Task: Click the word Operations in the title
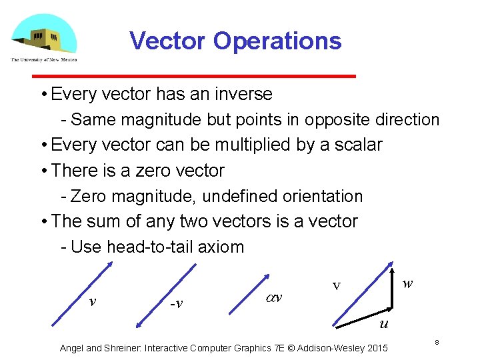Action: (277, 41)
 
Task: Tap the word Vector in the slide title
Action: (168, 41)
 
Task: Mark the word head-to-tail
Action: (150, 247)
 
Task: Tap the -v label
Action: (176, 304)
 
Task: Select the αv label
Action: (273, 297)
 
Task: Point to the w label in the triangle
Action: (408, 283)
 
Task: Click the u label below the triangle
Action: (383, 325)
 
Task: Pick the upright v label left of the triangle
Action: (337, 287)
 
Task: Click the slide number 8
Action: (437, 342)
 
